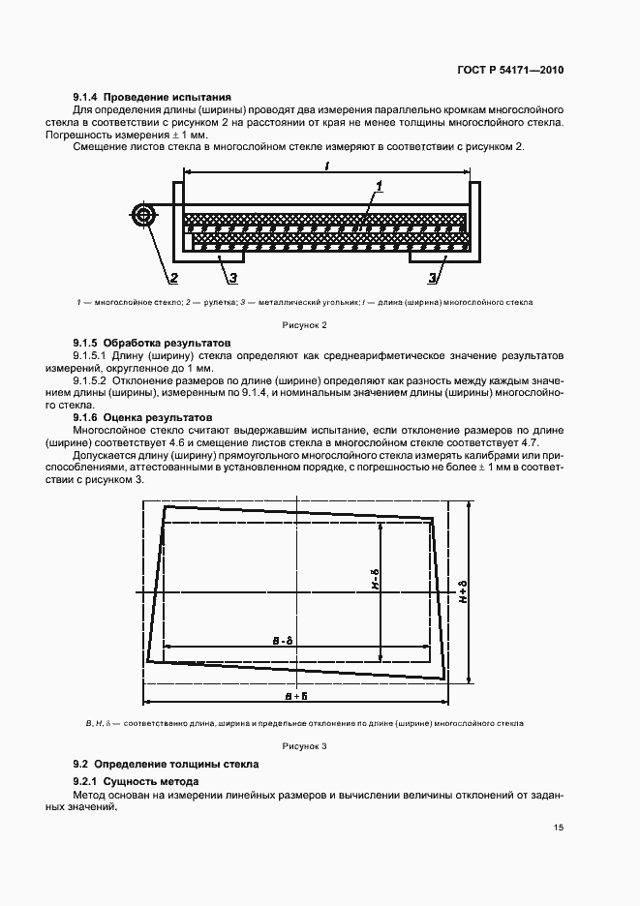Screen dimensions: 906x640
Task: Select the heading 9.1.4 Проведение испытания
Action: (152, 97)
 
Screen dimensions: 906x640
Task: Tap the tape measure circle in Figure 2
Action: (144, 216)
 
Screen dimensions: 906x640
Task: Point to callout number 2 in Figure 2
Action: (173, 279)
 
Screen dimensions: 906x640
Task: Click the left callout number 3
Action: (232, 279)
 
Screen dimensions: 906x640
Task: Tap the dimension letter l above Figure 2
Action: (328, 166)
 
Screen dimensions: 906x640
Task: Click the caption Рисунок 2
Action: (305, 325)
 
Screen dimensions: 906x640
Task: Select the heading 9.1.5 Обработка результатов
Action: (152, 344)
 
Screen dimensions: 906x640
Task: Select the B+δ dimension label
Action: (297, 695)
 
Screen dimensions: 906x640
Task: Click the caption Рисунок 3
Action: (305, 746)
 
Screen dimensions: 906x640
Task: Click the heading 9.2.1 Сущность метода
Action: (137, 781)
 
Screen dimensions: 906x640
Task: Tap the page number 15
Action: (558, 827)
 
